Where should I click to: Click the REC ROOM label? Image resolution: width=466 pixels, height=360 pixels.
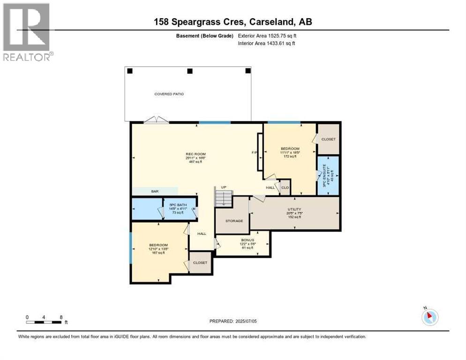tap(195, 154)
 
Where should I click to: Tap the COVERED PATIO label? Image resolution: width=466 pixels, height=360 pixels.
tap(169, 94)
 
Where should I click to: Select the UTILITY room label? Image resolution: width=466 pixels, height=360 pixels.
tap(294, 210)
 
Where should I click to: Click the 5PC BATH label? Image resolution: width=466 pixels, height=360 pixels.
tap(179, 205)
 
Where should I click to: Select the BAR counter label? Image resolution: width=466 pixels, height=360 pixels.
tap(155, 191)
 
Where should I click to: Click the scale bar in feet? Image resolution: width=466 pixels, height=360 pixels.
tap(44, 322)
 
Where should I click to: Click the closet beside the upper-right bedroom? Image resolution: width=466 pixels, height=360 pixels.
tap(328, 139)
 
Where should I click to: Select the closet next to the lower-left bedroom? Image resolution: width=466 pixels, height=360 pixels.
tap(200, 262)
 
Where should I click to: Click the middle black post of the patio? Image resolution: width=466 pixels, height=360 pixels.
tap(189, 71)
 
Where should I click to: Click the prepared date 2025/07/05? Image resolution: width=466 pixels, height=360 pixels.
tap(233, 321)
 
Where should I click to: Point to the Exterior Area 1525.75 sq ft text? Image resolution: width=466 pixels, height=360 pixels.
tap(267, 36)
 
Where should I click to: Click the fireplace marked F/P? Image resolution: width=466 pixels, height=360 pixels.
tap(259, 152)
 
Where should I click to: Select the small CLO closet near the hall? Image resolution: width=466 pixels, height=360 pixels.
tap(285, 187)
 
